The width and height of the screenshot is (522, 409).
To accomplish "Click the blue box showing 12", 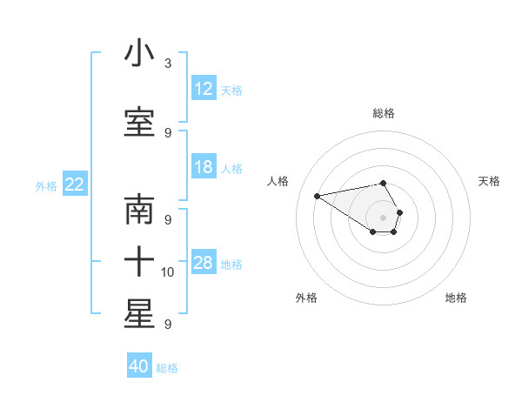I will tap(204, 89).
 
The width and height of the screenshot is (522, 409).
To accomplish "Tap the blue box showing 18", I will tap(204, 167).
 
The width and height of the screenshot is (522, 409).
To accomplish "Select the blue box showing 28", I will tap(204, 263).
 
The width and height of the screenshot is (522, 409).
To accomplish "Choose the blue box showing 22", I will tap(75, 184).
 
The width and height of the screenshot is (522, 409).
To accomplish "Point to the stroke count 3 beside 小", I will tap(168, 64).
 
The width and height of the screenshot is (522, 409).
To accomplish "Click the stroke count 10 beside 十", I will tap(169, 272).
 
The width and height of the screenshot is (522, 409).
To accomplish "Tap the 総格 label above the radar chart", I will tap(384, 113).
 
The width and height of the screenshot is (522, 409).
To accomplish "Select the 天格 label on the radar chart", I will tap(489, 181).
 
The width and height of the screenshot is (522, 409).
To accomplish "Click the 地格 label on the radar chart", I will tap(456, 298).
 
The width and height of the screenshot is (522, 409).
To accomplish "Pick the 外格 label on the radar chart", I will tap(306, 298).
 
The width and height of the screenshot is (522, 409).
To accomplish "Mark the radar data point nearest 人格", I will tap(318, 196).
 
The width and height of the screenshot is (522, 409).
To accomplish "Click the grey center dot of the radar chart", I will tap(384, 218).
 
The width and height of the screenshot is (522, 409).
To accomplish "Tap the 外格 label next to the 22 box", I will tap(46, 185).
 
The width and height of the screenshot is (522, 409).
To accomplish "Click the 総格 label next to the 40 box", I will tap(167, 368).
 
